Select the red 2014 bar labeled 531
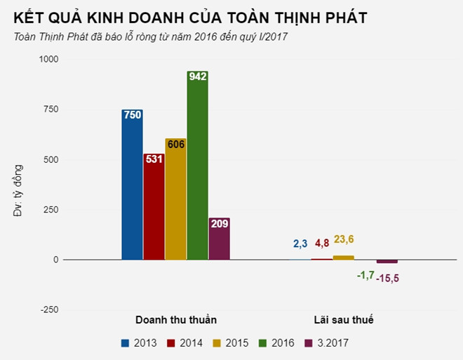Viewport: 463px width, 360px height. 154,206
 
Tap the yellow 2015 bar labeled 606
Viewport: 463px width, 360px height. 175,199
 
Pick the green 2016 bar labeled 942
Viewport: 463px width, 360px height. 197,166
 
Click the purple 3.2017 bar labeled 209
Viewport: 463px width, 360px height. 219,239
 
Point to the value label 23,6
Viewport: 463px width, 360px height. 343,240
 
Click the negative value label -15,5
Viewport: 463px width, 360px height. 387,278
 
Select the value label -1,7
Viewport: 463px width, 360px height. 365,275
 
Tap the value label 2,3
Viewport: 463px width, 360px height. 300,244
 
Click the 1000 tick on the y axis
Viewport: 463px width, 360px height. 49,60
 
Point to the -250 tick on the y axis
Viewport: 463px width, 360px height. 49,309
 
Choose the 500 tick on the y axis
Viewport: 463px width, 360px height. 51,160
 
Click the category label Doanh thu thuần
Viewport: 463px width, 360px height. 175,320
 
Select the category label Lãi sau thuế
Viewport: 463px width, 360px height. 343,320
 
